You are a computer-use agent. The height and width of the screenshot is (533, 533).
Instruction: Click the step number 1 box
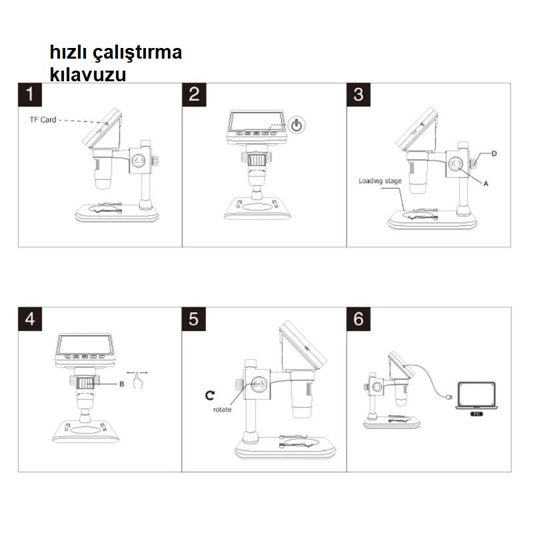point(30,95)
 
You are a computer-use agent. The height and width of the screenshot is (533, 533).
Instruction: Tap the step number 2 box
point(194,95)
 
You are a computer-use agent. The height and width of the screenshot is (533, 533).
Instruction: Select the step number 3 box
point(358,95)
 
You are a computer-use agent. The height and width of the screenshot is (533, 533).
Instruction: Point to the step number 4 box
point(30,319)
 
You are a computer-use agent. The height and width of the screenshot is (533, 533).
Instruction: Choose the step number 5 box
point(194,319)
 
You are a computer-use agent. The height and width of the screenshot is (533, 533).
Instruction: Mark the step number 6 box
point(358,319)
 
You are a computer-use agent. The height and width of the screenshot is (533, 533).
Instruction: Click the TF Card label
point(43,120)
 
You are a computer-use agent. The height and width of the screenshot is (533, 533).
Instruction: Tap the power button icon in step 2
point(296,125)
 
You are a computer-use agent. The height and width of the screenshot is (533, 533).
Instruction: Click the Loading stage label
point(380,181)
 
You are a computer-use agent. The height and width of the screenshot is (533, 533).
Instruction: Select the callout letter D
point(494,154)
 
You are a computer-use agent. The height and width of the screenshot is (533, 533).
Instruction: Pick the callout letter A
point(486,184)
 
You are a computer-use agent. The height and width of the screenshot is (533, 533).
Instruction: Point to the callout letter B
point(122,384)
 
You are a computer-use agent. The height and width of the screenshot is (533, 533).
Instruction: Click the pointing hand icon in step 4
point(138,380)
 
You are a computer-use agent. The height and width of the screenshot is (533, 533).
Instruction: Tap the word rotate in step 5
point(222,410)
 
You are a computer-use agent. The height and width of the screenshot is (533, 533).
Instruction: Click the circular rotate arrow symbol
point(210,395)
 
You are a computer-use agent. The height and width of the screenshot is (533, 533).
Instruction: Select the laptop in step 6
point(476,395)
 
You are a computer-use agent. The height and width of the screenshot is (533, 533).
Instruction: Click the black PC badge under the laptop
point(476,414)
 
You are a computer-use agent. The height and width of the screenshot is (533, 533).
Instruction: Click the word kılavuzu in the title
point(88,74)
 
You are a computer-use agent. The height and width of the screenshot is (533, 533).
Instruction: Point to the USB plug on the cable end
point(448,397)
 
